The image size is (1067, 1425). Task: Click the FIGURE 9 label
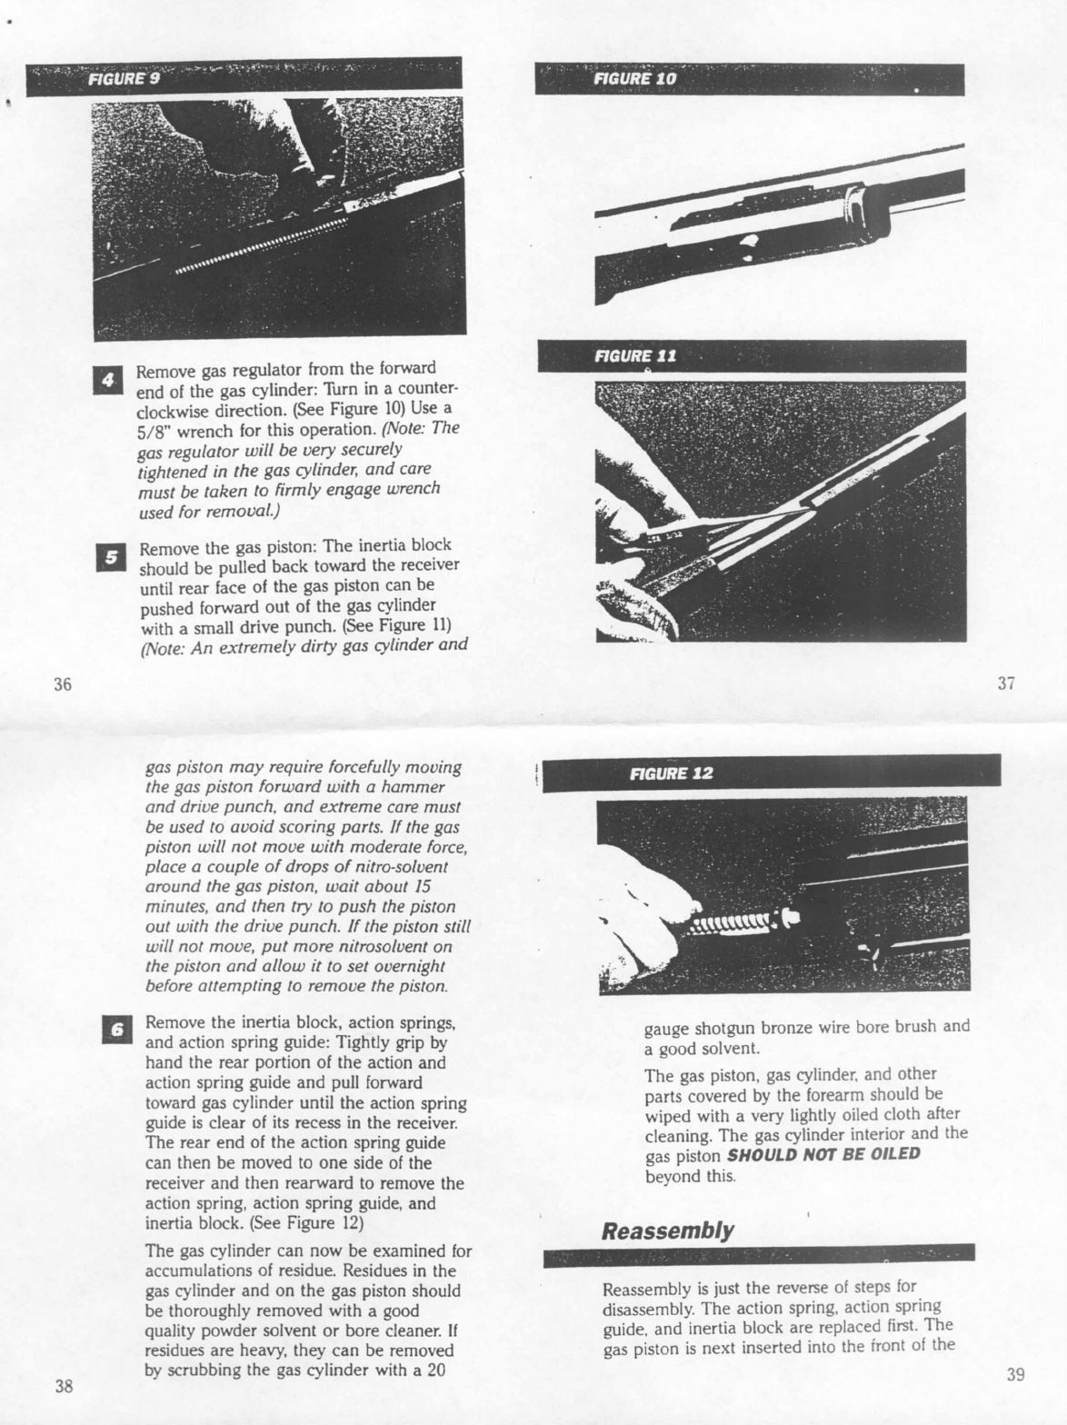click(x=124, y=79)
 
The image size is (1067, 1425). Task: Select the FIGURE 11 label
click(x=634, y=355)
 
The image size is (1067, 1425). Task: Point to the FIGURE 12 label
click(x=671, y=773)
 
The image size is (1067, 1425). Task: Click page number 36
click(x=63, y=683)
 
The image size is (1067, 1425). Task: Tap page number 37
click(x=1005, y=683)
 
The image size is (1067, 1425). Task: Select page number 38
click(x=64, y=1386)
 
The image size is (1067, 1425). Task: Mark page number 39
click(x=1016, y=1374)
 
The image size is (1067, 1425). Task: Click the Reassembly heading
click(x=667, y=1230)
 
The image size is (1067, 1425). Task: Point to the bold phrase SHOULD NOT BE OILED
click(x=823, y=1154)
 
